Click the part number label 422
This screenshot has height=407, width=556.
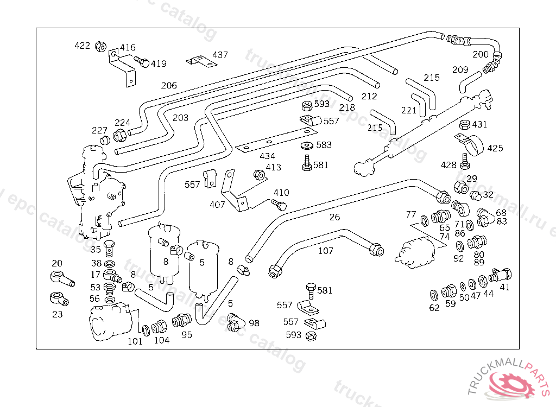tap(82, 46)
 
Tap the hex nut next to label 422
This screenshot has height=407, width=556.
tap(100, 46)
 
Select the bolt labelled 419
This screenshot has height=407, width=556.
tap(142, 62)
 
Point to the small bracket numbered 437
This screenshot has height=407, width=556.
tap(199, 61)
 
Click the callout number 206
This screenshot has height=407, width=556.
tap(169, 86)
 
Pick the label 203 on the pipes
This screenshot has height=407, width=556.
tap(180, 117)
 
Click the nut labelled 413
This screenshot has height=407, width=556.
tap(259, 175)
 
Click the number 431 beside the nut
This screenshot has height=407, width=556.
tap(479, 125)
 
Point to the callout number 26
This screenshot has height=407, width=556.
tap(334, 218)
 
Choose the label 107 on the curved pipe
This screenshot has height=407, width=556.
tap(325, 251)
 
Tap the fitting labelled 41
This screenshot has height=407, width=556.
tap(500, 275)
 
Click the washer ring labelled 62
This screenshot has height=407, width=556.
tap(434, 295)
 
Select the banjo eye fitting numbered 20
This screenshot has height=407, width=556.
tap(61, 278)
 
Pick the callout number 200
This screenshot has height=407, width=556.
tap(481, 54)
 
